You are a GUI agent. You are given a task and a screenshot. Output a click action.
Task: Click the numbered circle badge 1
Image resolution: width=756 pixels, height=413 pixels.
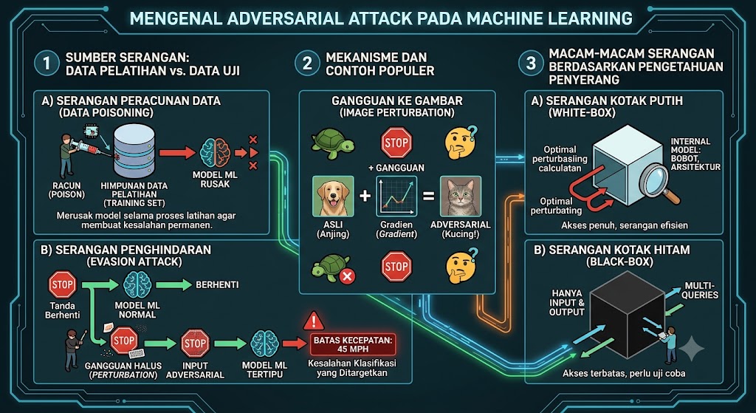pos(47,64)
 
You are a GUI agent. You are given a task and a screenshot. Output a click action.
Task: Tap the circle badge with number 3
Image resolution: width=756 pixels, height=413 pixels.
pos(530,64)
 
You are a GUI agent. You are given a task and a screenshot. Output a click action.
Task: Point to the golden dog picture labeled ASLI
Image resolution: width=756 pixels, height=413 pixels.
pos(333,196)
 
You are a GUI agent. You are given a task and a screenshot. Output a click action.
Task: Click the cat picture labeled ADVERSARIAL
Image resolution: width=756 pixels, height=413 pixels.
pos(461,196)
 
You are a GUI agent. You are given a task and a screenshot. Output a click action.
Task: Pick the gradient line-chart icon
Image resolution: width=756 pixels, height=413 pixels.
pos(396,197)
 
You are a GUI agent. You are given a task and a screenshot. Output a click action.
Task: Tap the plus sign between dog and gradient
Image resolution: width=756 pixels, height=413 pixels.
pos(365,196)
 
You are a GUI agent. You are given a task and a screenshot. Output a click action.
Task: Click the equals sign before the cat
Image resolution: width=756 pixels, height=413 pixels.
pos(429,196)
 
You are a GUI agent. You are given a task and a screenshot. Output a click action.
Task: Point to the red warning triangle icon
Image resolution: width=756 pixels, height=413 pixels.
pos(313,320)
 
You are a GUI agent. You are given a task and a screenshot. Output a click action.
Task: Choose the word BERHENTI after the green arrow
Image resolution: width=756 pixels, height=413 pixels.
pos(216,284)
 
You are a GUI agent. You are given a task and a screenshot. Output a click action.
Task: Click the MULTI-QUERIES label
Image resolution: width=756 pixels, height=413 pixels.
pos(701,290)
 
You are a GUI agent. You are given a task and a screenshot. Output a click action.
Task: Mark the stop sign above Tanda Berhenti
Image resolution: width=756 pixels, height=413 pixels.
pos(63,284)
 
